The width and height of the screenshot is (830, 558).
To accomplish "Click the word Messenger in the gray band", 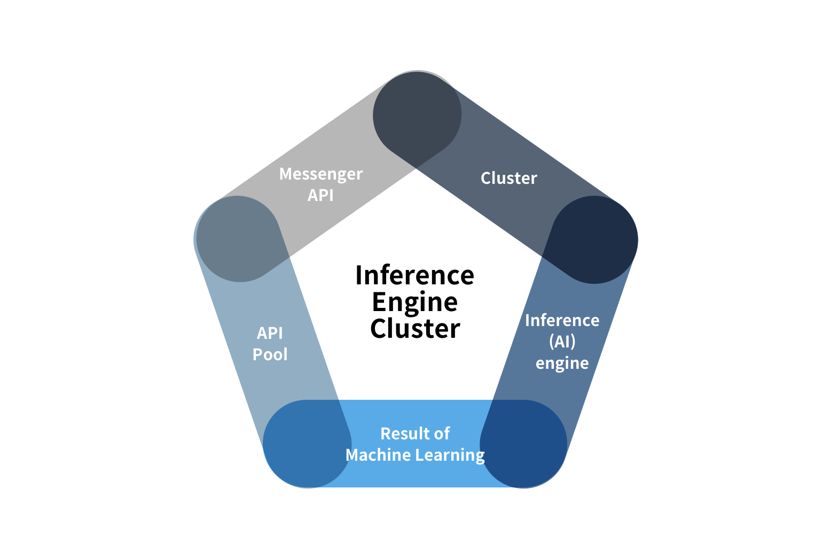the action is [x=321, y=174].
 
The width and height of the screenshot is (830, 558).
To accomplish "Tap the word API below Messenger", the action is [x=320, y=196].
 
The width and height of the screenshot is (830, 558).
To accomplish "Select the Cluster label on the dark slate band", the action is [x=509, y=179].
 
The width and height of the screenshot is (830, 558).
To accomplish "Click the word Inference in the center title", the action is [x=414, y=275].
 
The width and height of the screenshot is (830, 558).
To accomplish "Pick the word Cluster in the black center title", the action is [x=415, y=329].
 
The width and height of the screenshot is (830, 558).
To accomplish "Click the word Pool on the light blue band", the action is [x=270, y=354].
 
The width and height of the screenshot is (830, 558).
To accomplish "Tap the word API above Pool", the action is [x=270, y=334].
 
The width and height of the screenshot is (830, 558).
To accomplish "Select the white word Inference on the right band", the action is [x=562, y=321].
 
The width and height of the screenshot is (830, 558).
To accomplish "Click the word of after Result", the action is [x=442, y=434].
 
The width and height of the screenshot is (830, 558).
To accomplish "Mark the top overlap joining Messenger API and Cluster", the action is [x=417, y=115].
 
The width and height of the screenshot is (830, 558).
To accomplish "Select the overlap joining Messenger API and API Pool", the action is [x=239, y=239].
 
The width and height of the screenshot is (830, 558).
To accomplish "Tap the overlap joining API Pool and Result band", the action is [x=307, y=444].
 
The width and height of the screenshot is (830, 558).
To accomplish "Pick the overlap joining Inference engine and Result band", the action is [x=523, y=444].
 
